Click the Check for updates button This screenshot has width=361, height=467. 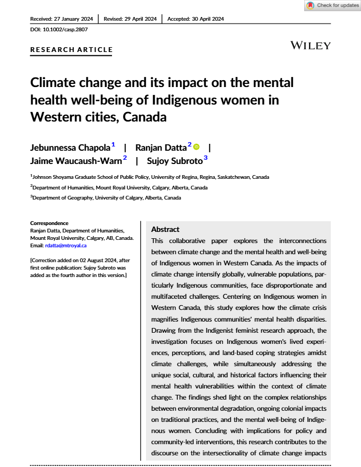click(333, 5)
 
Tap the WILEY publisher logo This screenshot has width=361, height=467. click(311, 46)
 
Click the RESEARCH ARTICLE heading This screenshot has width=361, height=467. click(72, 50)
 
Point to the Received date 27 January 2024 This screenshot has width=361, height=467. click(62, 19)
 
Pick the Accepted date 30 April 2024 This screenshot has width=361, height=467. click(196, 19)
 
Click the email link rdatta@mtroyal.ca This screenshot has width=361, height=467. click(65, 246)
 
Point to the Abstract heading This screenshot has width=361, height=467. click(165, 229)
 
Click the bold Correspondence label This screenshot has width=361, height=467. click(49, 223)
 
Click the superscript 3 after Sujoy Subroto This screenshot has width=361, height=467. click(205, 158)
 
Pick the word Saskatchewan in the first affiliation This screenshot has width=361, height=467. click(225, 177)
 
